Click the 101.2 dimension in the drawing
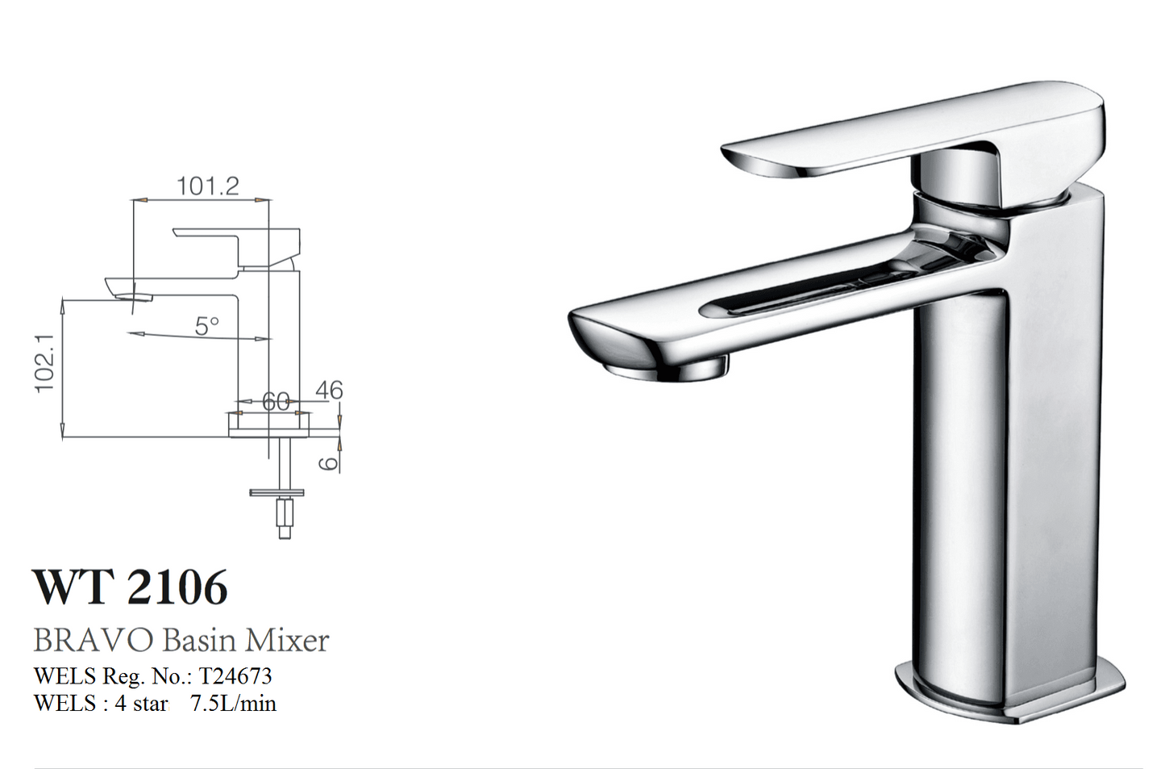coord(208,186)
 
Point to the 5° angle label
coord(206,326)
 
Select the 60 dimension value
coord(276,401)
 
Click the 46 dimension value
coord(329,390)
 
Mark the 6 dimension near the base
coord(328,462)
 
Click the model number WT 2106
coord(131,587)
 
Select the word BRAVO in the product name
coord(93,641)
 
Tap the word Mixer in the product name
coord(288,641)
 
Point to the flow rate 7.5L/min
coord(233,704)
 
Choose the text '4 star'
coord(141,704)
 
